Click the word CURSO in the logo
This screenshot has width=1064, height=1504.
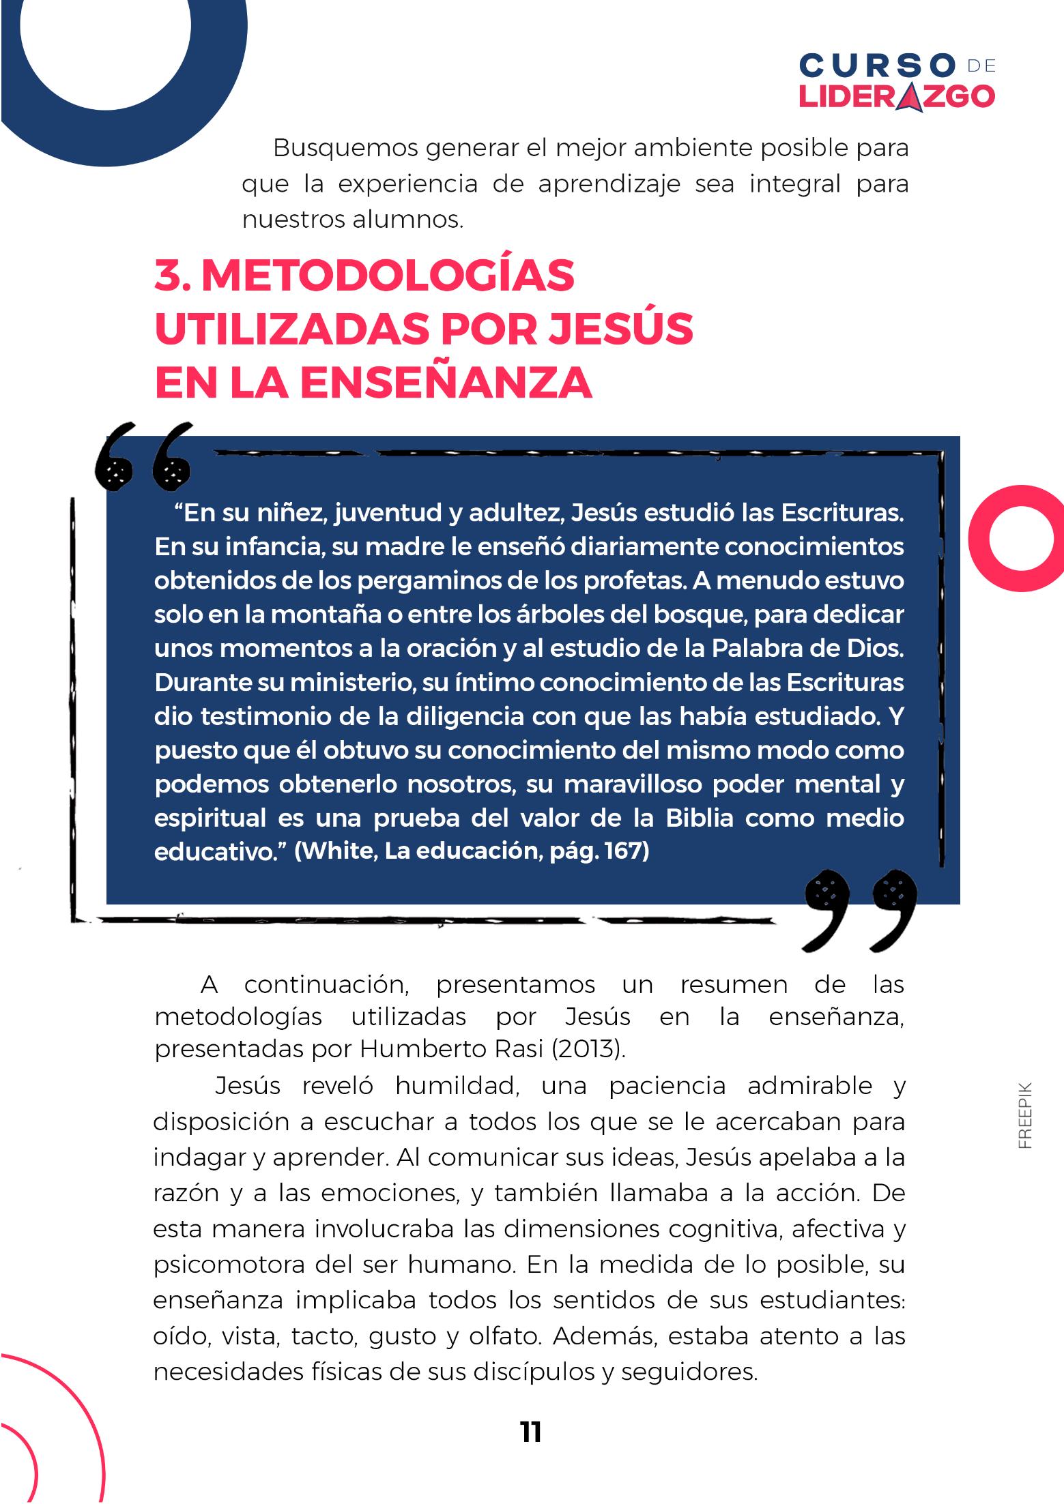(878, 66)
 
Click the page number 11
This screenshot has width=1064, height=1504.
(530, 1433)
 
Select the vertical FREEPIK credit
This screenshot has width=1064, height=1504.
(1025, 1116)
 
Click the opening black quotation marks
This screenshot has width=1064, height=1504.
(144, 457)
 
